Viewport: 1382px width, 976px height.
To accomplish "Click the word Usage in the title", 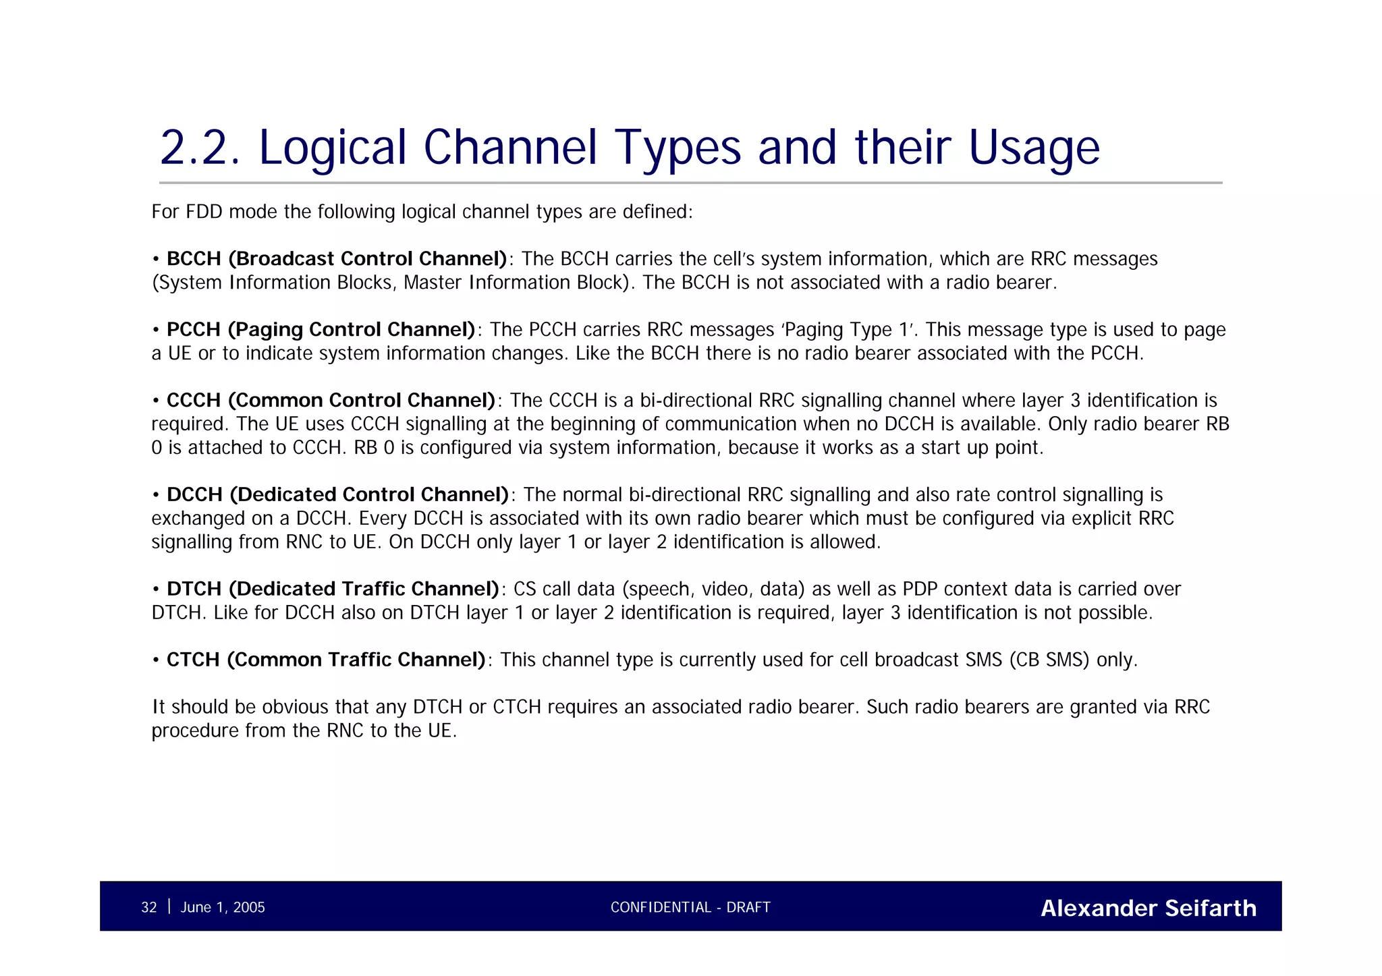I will pos(1034,148).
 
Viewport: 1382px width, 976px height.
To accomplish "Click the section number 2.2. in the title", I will pos(200,148).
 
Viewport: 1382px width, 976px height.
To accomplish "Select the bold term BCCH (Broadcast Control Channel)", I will pos(336,259).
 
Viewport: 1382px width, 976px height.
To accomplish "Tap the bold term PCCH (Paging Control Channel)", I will pos(321,330).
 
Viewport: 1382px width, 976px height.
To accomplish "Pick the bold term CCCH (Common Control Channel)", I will pos(331,401).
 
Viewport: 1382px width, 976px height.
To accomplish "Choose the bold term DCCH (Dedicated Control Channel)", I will pos(337,495).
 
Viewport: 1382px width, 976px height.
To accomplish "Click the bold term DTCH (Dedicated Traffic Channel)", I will pos(333,590).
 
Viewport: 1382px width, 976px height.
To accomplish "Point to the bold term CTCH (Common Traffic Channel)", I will pos(326,660).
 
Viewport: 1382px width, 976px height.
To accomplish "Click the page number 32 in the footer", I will pos(148,908).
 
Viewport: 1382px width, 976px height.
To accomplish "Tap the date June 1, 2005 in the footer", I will pos(223,908).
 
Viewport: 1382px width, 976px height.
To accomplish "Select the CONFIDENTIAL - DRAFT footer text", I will pos(690,908).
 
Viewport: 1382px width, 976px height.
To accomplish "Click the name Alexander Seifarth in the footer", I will pos(1148,909).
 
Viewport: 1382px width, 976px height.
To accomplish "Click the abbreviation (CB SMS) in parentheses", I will pos(1049,660).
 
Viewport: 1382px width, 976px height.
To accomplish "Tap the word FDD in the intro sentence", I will pos(204,212).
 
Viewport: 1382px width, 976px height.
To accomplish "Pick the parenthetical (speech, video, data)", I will pos(713,590).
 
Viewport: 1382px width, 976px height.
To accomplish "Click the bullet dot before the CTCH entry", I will pos(156,660).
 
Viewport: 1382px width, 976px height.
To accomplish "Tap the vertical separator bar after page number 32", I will pos(169,907).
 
